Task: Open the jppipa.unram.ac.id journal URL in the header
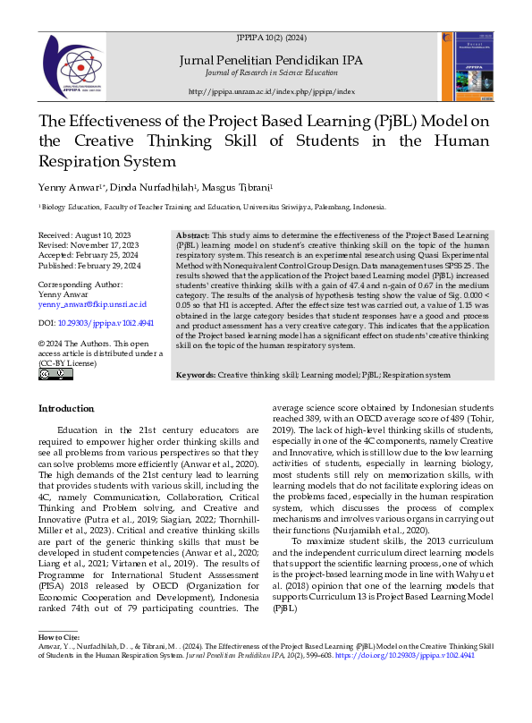tap(272, 92)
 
